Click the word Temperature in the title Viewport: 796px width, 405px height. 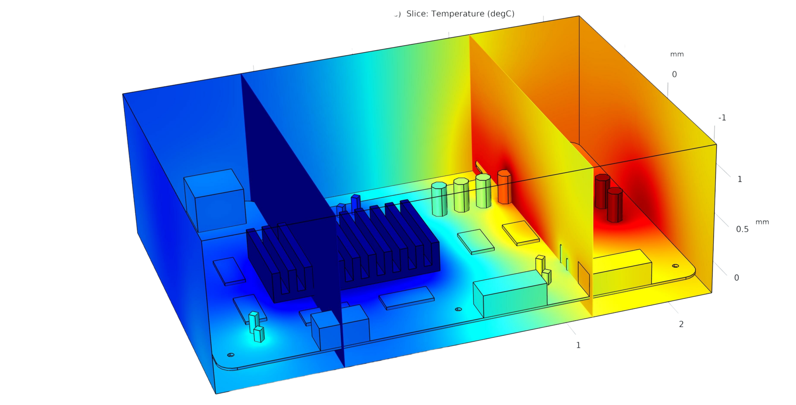tap(458, 14)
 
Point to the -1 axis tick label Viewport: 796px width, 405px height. tap(722, 118)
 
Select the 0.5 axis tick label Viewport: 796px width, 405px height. tap(742, 229)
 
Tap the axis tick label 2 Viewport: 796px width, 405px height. tap(681, 324)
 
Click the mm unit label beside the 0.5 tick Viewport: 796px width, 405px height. tap(762, 222)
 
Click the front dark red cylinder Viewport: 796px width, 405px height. tap(615, 205)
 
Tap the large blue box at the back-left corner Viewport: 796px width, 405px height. tap(215, 200)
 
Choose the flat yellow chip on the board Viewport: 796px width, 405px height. tap(521, 233)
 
